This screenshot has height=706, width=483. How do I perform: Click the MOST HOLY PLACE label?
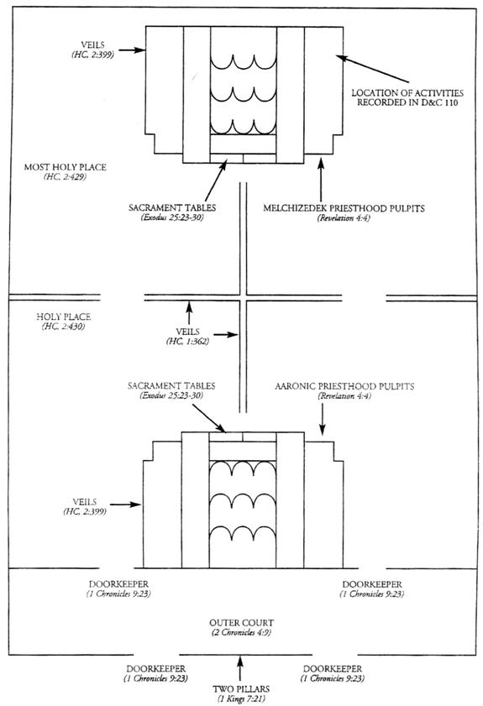point(66,167)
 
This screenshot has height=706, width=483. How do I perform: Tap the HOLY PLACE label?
point(64,317)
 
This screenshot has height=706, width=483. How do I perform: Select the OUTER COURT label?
point(242,623)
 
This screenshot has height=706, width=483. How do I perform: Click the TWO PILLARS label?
point(241,689)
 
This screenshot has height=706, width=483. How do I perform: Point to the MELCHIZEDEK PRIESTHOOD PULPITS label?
point(344,208)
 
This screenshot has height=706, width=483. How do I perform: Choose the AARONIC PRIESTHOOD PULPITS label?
point(344,386)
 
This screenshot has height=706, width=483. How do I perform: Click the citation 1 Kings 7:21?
point(241,698)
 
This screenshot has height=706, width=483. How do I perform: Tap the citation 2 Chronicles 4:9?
point(242,633)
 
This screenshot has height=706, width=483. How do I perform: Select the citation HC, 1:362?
point(187,342)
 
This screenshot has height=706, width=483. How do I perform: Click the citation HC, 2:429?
point(66,177)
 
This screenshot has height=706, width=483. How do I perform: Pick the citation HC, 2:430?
point(64,327)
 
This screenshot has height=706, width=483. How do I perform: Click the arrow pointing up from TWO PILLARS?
point(239,668)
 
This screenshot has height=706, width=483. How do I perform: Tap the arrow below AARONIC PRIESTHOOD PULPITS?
point(323,419)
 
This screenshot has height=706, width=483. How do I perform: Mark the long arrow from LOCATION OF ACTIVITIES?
point(373,69)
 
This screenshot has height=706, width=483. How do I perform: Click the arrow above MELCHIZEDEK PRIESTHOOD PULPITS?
point(321,179)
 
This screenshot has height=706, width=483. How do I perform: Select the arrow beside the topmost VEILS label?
point(132,50)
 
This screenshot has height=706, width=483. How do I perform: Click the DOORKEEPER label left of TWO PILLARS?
point(156,669)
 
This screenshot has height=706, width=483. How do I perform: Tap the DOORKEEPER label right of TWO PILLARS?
point(333,669)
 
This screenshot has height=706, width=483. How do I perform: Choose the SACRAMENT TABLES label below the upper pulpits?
point(172,208)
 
